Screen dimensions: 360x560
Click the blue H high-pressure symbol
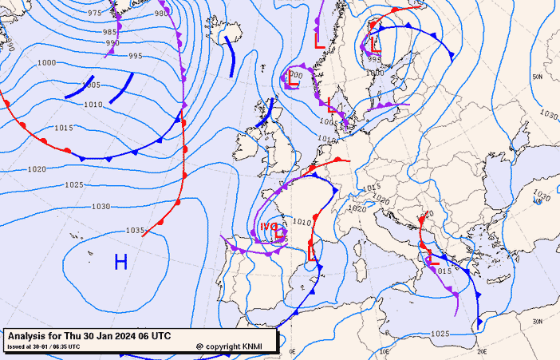coord(120,261)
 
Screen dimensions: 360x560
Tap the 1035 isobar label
coord(136,231)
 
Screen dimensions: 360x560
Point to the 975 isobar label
coord(95,14)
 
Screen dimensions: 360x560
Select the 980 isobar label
coord(161,14)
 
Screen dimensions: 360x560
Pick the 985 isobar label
coord(110,32)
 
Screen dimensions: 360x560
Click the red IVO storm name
coord(269,227)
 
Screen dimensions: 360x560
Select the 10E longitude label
coord(385,351)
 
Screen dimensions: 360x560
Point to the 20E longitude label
coord(481,351)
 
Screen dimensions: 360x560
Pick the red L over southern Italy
coord(432,258)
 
